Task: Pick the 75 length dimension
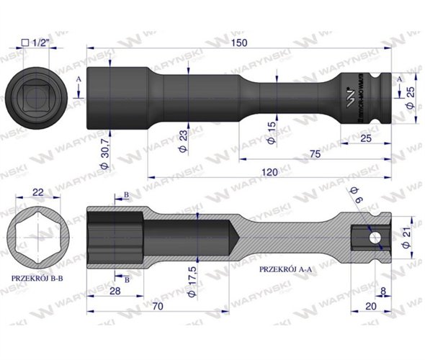(314, 153)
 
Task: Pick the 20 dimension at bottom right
(370, 305)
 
